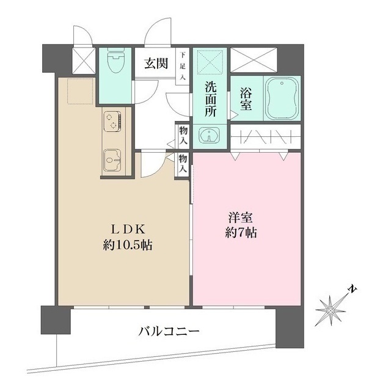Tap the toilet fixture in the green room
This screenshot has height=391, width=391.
[113, 62]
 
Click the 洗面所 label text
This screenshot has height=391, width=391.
[211, 98]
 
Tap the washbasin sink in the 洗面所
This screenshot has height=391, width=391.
[210, 135]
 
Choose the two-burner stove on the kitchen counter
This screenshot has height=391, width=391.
[112, 120]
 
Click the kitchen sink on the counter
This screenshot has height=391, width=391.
[112, 160]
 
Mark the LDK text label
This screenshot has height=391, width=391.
[128, 230]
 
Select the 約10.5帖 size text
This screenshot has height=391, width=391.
[128, 246]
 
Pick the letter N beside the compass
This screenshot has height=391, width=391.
[351, 288]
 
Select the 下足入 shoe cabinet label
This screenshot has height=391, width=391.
[183, 65]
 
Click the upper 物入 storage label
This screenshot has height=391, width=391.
[183, 136]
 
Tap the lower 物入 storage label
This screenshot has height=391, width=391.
[183, 164]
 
